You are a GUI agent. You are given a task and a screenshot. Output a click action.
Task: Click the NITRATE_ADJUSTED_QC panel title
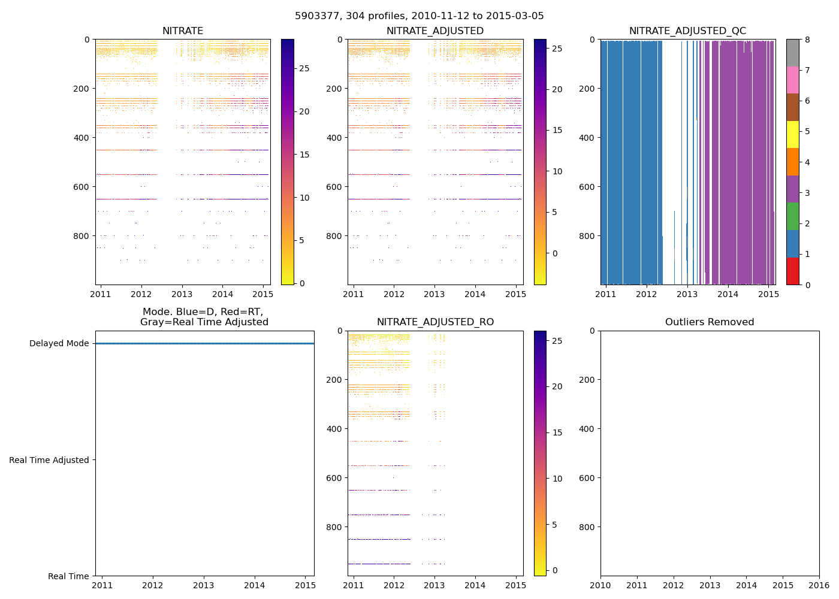(x=687, y=31)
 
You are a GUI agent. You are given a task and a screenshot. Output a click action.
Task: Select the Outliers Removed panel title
(x=710, y=322)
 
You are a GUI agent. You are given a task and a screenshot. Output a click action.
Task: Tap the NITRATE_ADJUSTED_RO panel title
(x=435, y=322)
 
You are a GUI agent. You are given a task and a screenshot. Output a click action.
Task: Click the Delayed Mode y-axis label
(x=59, y=344)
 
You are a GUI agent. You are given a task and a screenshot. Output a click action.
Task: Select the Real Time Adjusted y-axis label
(x=49, y=460)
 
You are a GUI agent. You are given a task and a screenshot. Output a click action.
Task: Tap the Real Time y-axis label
(x=68, y=576)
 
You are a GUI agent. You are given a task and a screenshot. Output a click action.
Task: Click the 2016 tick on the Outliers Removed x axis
(x=819, y=585)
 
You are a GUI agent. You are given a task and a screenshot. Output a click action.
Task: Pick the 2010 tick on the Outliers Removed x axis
(x=600, y=585)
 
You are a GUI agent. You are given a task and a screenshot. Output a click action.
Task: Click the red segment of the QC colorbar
(x=792, y=271)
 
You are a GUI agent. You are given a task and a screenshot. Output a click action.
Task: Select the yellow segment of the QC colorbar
(x=792, y=134)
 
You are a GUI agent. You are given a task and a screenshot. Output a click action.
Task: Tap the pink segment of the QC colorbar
(x=792, y=80)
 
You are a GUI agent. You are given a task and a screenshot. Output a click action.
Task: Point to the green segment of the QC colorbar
(x=792, y=216)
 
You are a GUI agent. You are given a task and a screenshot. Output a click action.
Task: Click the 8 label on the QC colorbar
(x=807, y=40)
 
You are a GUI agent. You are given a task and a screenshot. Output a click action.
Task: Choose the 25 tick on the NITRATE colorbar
(x=304, y=69)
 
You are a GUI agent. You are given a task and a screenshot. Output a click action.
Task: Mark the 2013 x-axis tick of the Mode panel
(x=204, y=585)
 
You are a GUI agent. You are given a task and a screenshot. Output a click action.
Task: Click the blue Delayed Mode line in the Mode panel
(x=204, y=343)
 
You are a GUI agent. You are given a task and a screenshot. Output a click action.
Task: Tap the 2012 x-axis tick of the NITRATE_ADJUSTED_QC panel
(x=646, y=294)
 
